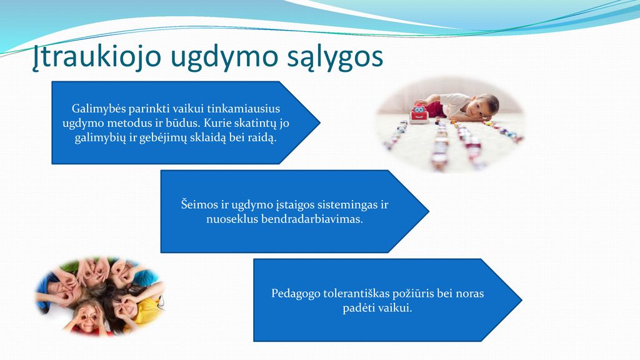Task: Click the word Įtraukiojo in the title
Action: click(96, 56)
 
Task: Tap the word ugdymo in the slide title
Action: click(219, 57)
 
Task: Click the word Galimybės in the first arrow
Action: click(99, 109)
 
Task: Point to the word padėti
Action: click(357, 307)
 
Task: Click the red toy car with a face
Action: click(419, 114)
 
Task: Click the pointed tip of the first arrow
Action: click(319, 122)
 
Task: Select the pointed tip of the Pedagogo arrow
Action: click(521, 300)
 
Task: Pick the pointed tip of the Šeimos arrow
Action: click(429, 211)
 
